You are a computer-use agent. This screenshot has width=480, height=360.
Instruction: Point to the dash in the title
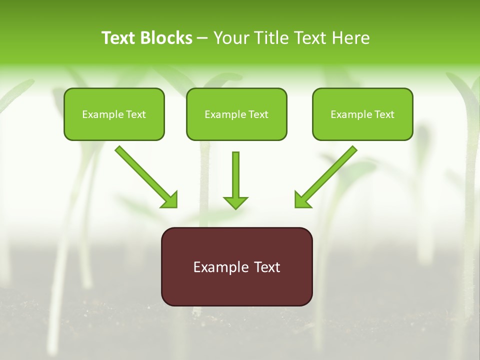tap(202, 38)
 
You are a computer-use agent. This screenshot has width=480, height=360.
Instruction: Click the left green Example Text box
tap(114, 114)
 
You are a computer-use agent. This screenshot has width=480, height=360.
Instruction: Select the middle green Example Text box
tap(236, 114)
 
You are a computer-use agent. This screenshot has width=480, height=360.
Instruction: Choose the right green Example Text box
tap(362, 114)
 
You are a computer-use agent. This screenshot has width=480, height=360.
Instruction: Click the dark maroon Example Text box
tap(236, 266)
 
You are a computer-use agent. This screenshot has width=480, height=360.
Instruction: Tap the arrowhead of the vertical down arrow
tap(235, 202)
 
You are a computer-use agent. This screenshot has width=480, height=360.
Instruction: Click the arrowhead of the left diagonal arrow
tap(170, 200)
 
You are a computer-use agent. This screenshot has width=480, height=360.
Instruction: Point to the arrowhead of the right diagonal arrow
tap(302, 200)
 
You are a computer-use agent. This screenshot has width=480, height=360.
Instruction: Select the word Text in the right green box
tap(384, 114)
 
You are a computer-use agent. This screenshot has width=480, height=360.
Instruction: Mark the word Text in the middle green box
tap(258, 114)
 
